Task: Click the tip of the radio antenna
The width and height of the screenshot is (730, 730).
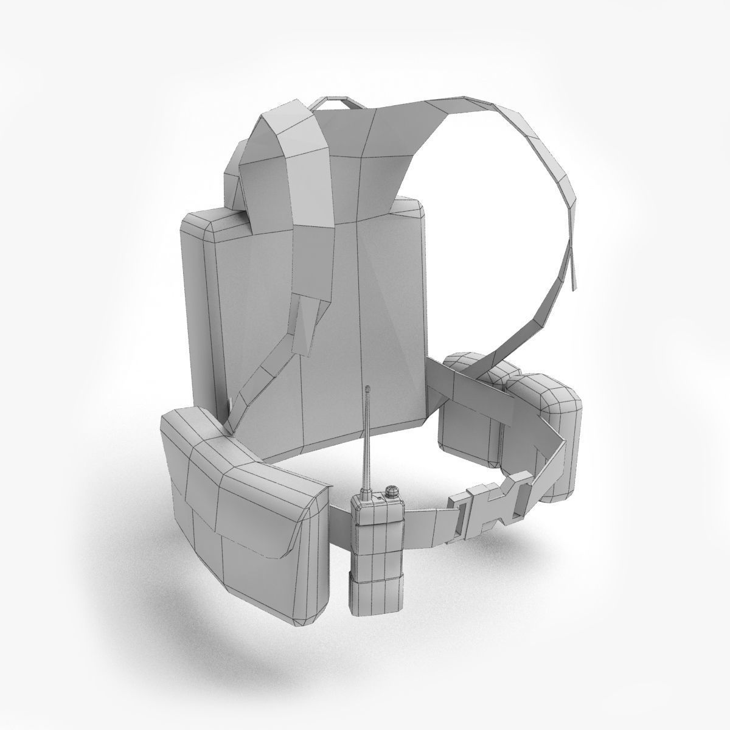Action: (x=367, y=386)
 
